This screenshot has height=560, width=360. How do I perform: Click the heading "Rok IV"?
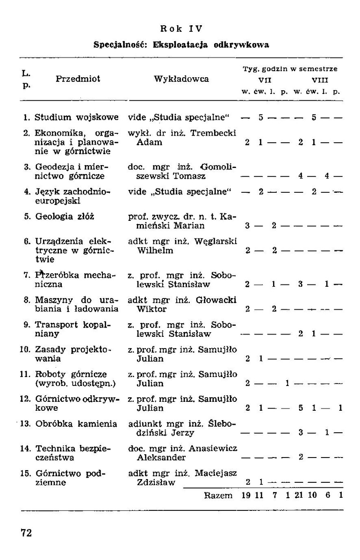coord(180,29)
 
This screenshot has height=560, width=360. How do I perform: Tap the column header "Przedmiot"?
coord(78,79)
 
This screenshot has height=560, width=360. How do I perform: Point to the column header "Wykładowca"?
coord(181,79)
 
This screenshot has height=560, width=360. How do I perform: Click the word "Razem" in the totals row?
coord(218,495)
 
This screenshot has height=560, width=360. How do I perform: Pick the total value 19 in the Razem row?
coord(246,495)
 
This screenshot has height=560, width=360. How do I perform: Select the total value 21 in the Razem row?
coord(300,495)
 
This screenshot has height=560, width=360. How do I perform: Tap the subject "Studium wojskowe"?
coord(77,116)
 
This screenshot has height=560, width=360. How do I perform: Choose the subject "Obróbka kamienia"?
coord(76,424)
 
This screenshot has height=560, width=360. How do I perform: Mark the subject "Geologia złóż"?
coord(63,217)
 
